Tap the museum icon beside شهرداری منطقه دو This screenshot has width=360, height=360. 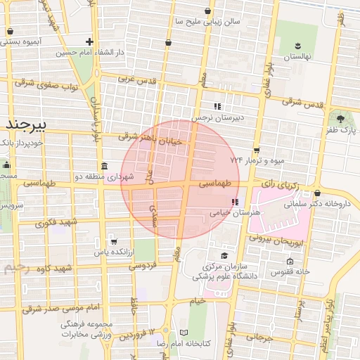point(105,167)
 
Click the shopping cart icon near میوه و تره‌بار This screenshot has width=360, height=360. point(257,150)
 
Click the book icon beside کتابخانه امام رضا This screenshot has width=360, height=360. point(184,333)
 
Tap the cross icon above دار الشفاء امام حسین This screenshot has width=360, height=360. point(89,41)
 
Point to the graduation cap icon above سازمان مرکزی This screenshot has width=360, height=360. point(224,255)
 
